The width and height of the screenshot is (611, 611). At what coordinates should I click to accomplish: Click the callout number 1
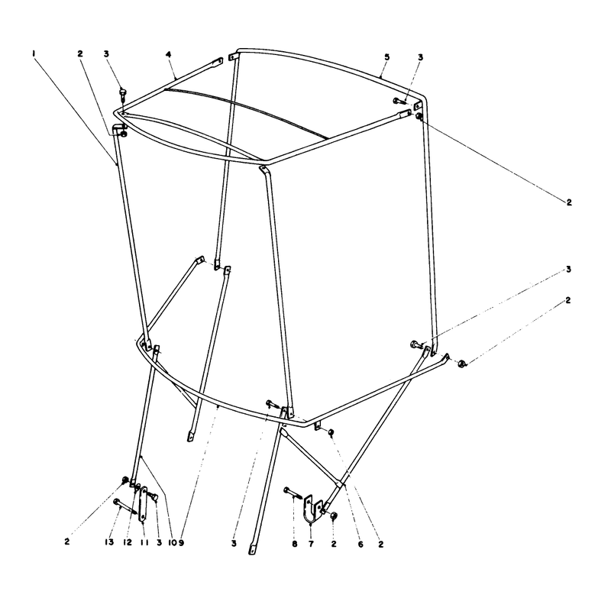coord(34,53)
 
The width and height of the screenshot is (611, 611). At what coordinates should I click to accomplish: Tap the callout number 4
coord(168,54)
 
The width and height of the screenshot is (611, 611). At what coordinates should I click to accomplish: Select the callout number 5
coord(386,57)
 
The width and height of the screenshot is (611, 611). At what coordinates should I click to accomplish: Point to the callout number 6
coord(360,544)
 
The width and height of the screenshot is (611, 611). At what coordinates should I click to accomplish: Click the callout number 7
coord(311,544)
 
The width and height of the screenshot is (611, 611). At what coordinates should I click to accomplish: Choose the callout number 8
coord(295,544)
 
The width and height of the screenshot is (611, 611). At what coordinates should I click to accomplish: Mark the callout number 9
coord(181,543)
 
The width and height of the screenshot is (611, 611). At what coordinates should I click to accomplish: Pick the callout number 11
coord(144,543)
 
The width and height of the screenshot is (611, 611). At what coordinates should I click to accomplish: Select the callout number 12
coord(128,542)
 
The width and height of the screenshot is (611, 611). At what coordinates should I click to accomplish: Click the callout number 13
coord(109,542)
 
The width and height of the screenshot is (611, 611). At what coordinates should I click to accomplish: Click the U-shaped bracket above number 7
coord(312,508)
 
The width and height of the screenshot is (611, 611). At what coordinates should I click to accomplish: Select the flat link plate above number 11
coord(144,503)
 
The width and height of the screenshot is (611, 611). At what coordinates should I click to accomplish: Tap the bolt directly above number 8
coord(293,492)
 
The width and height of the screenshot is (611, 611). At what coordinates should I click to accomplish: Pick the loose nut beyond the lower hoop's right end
coord(462,364)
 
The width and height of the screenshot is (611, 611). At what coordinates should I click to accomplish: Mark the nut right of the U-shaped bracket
coord(334,516)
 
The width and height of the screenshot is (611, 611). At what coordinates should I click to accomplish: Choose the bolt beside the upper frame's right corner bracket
coord(399,101)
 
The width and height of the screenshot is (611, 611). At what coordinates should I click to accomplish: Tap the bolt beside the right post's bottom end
coord(417,344)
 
